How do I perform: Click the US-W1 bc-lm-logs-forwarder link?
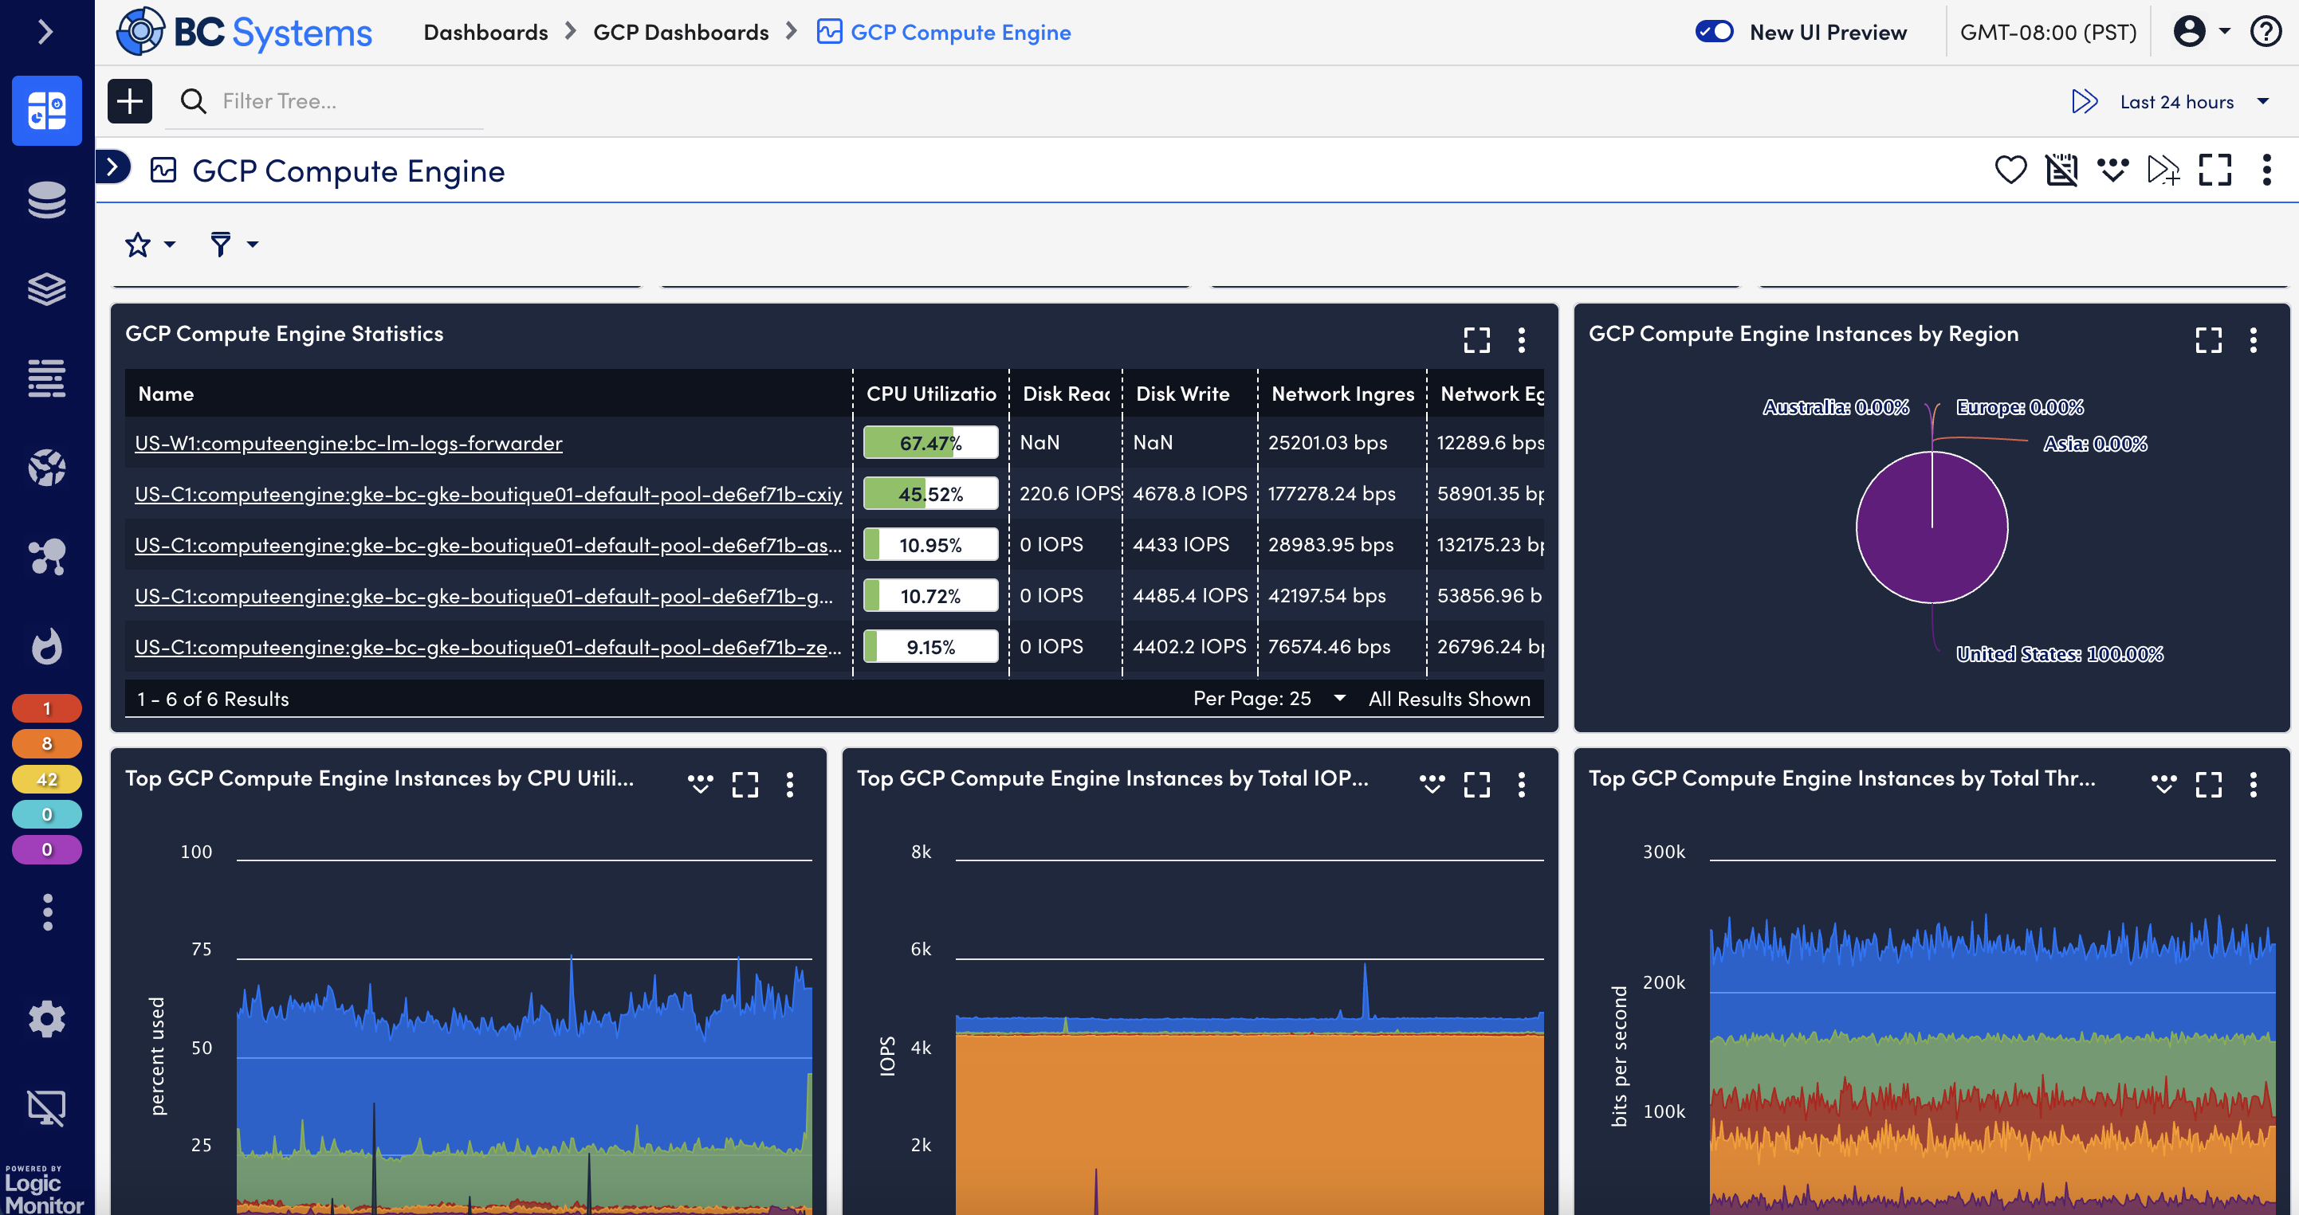[x=348, y=442]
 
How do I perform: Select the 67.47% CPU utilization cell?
[x=930, y=442]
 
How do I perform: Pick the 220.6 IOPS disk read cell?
[x=1068, y=493]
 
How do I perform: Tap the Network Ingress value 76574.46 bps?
[x=1329, y=646]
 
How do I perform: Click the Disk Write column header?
[x=1182, y=394]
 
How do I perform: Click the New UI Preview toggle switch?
[x=1714, y=32]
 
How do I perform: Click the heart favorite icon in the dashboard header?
[x=2010, y=170]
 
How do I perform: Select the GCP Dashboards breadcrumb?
[x=680, y=32]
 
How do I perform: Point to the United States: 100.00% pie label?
[x=2059, y=654]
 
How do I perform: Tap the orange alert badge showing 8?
[x=46, y=743]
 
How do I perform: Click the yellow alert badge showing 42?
[x=46, y=778]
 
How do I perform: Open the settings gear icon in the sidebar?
[x=46, y=1018]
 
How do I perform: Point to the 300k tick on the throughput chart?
[x=1664, y=851]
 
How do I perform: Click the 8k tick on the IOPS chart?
[x=920, y=851]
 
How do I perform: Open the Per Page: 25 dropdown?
[x=1267, y=699]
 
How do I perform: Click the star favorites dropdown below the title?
[x=149, y=245]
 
